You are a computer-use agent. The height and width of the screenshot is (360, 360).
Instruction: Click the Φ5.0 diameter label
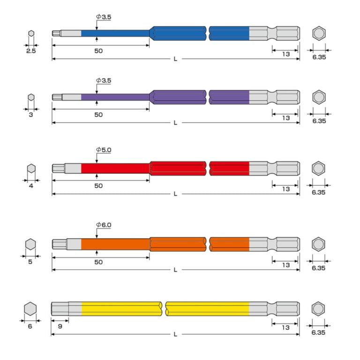click(x=104, y=150)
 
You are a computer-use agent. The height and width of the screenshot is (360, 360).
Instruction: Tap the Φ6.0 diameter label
click(x=104, y=225)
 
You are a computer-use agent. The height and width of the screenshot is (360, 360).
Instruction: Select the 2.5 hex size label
click(x=31, y=51)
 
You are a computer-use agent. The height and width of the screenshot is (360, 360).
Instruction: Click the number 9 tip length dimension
click(x=60, y=326)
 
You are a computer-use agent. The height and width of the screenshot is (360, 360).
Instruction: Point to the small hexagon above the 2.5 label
click(x=31, y=34)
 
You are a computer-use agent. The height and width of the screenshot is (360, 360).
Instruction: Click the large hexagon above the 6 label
click(x=30, y=309)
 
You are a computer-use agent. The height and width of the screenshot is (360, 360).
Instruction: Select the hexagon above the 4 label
click(x=31, y=168)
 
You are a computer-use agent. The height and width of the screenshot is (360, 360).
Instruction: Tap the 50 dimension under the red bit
click(x=98, y=186)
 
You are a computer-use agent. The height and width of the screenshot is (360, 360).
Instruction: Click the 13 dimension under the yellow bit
click(x=286, y=328)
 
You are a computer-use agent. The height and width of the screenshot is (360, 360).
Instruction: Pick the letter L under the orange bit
click(x=175, y=270)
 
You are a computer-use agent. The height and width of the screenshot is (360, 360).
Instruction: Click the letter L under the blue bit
click(x=175, y=59)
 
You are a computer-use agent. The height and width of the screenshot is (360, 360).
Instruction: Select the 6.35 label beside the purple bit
click(x=319, y=121)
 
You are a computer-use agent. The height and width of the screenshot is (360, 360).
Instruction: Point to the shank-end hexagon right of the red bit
click(x=318, y=168)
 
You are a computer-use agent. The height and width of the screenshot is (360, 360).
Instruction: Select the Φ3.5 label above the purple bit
click(x=104, y=81)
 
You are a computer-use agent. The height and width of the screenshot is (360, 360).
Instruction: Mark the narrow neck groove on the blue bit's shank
click(x=272, y=34)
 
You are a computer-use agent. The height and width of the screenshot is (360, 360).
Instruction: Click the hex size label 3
click(x=31, y=115)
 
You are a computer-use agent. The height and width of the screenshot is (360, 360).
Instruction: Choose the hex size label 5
click(x=30, y=262)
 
